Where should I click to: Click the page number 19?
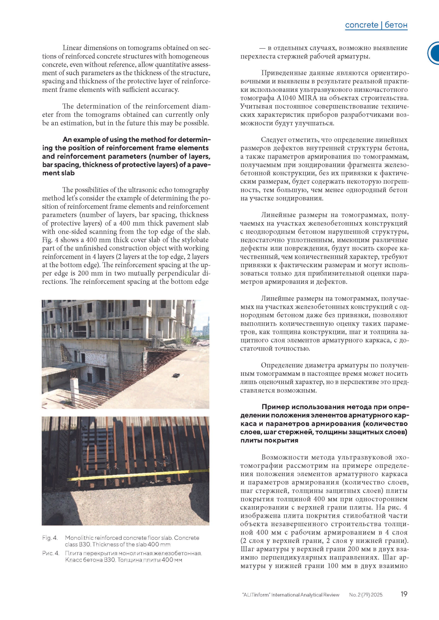(404, 594)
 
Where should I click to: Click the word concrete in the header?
(361, 25)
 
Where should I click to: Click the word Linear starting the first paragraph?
(72, 48)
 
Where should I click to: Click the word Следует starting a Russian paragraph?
(273, 140)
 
